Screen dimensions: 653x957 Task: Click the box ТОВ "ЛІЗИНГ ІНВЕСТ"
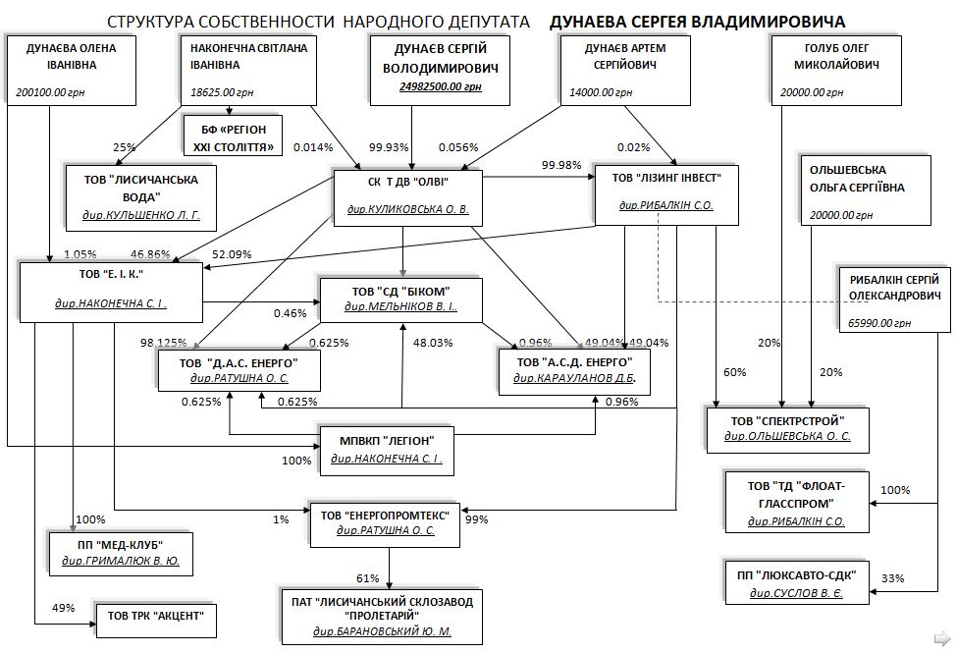coord(666,192)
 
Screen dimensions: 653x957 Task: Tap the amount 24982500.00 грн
coord(441,87)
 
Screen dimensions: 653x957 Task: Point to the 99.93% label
coord(389,147)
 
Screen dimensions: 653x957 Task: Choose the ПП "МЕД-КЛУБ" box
coord(121,553)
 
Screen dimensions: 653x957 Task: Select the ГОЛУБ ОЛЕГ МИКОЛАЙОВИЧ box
coord(835,71)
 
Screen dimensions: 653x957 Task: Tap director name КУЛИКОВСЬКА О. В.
coord(407,209)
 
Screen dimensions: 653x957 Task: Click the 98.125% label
coord(163,343)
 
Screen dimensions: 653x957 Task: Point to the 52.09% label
coord(233,254)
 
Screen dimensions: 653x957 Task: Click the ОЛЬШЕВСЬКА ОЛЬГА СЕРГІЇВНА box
coord(851,190)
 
